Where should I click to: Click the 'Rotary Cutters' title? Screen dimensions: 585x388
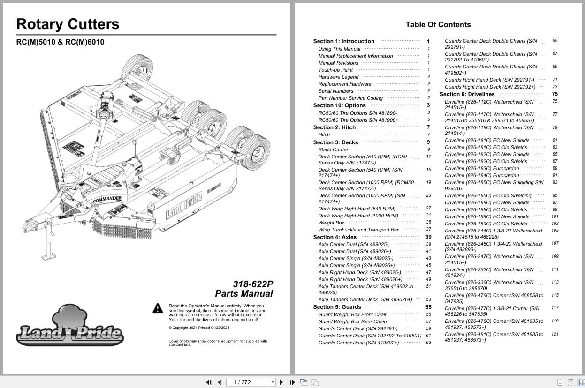point(68,24)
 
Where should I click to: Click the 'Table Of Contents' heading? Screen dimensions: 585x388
point(438,25)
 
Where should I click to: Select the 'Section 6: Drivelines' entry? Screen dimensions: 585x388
point(467,94)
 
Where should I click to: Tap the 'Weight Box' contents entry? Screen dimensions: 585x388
point(331,223)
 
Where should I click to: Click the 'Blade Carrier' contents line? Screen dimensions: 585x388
point(333,150)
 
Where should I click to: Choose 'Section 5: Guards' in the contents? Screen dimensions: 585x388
point(337,307)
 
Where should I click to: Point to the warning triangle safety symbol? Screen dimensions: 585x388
point(158,308)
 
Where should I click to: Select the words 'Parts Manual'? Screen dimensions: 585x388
point(244,294)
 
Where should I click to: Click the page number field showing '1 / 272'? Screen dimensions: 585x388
point(251,382)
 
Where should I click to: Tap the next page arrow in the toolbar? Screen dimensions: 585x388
point(281,382)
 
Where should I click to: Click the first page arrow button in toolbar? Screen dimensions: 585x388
point(209,382)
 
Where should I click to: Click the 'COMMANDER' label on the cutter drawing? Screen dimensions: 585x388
point(107,199)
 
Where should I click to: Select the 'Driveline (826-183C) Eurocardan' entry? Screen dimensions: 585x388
point(482,169)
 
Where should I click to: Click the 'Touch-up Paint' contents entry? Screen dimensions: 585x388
point(335,70)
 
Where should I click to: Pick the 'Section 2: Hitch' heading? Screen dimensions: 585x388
point(334,127)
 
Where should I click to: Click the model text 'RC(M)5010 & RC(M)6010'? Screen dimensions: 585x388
point(60,42)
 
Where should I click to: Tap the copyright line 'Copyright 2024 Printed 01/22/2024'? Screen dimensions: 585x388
point(199,328)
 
